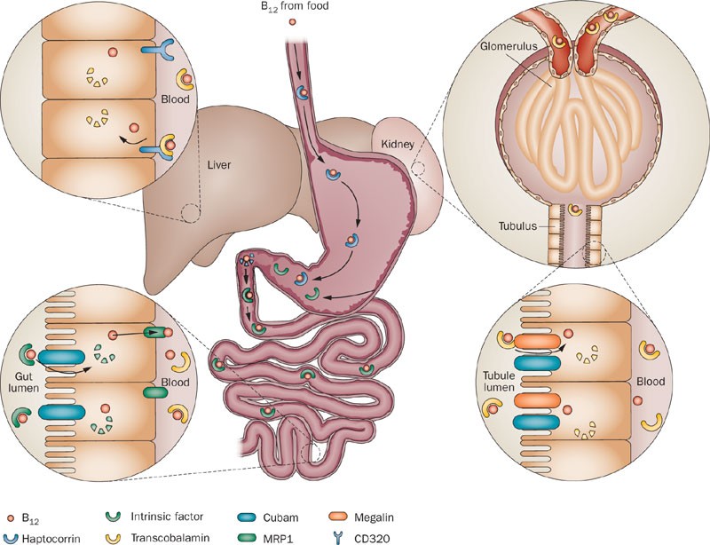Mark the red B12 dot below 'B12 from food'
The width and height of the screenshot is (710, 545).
pyautogui.click(x=291, y=21)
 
